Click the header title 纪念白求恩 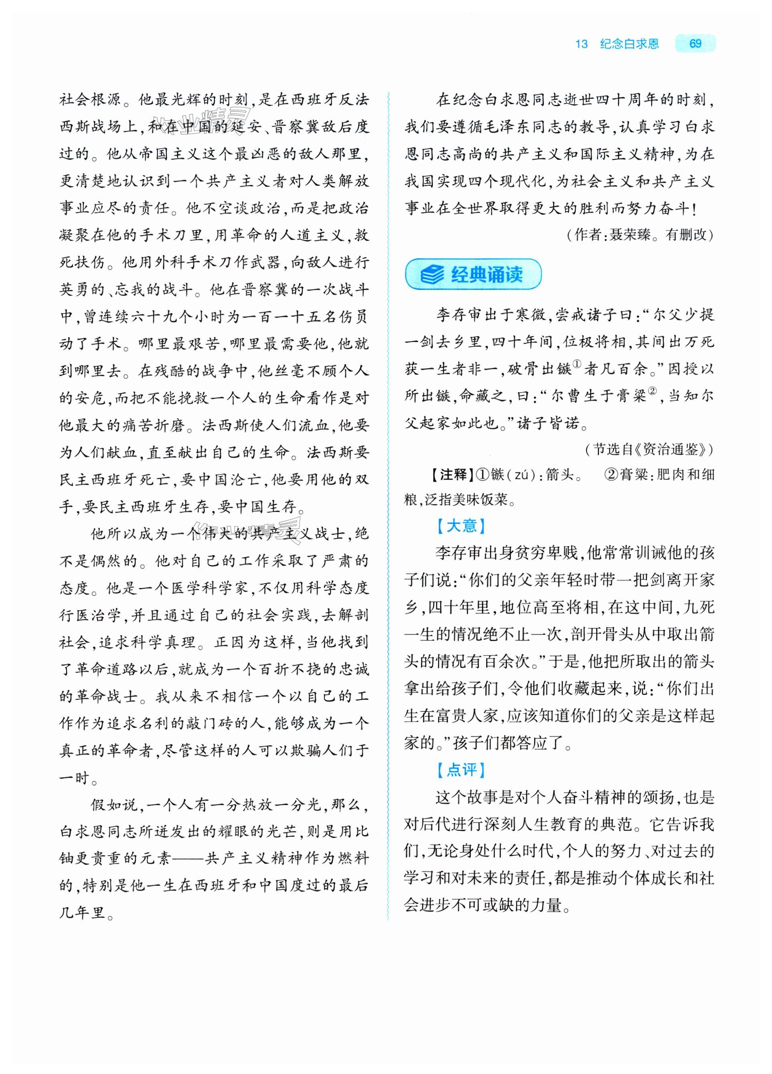[x=629, y=44]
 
